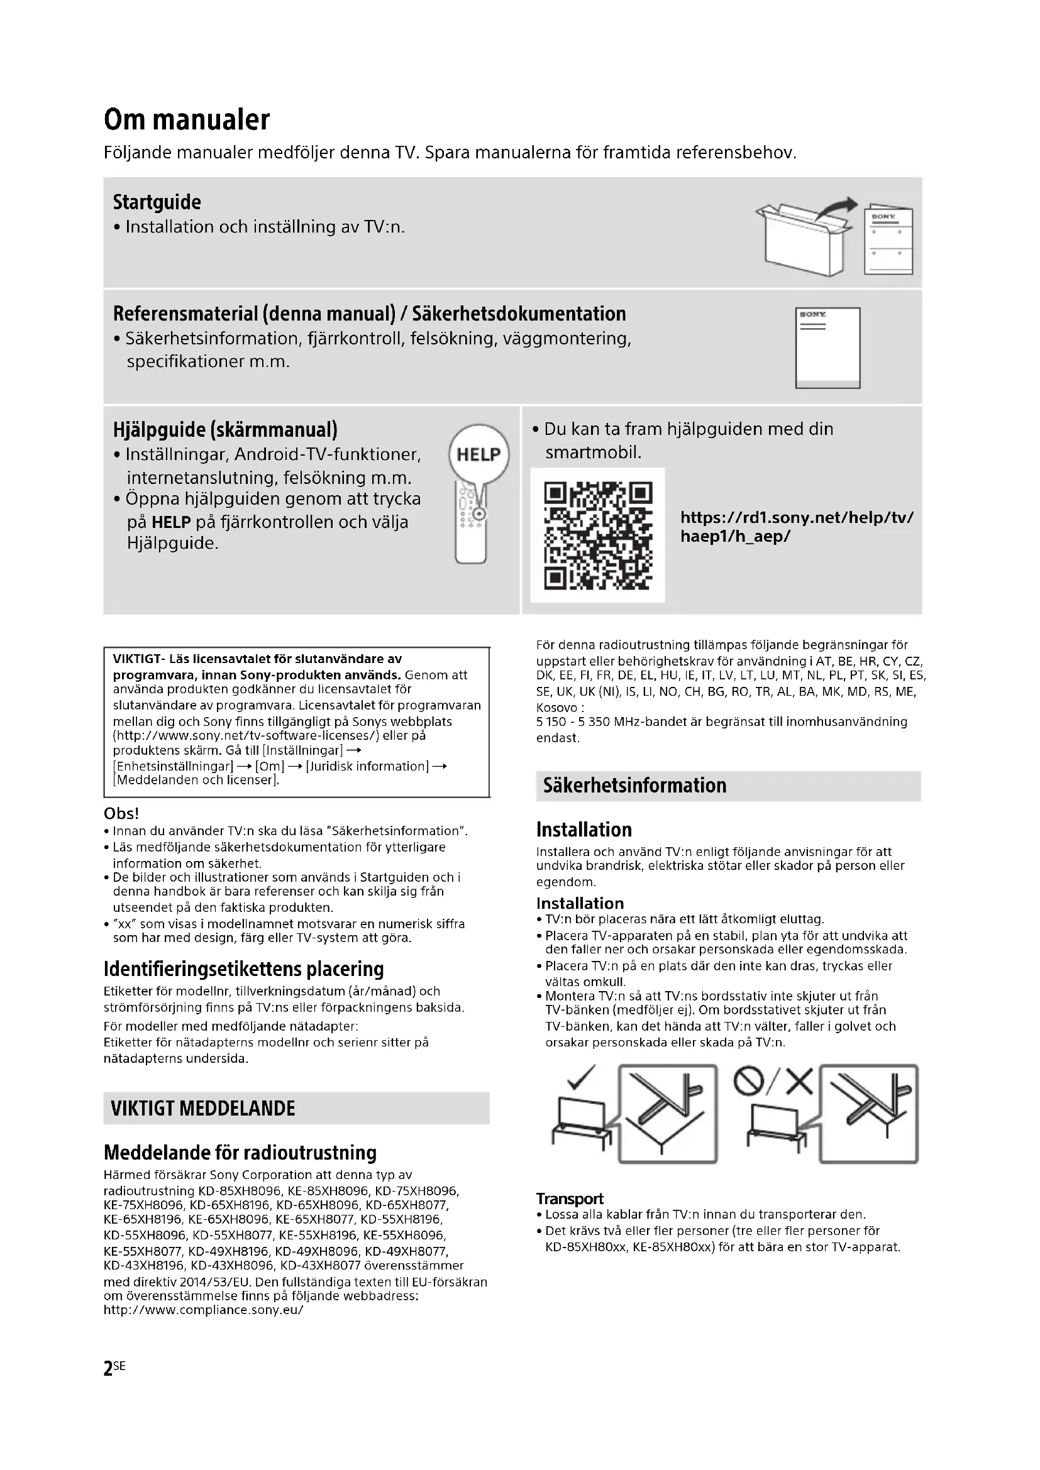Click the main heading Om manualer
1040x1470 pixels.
click(x=187, y=120)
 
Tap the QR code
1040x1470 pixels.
click(x=597, y=535)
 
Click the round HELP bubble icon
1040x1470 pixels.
click(x=479, y=454)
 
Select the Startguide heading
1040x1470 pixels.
click(x=157, y=202)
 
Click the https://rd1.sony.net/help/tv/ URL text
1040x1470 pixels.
click(x=797, y=517)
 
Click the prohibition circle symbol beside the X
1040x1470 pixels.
click(x=750, y=1082)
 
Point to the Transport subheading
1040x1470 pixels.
click(x=570, y=1198)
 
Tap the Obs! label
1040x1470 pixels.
click(x=121, y=813)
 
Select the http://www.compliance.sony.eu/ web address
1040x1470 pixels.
click(x=204, y=1310)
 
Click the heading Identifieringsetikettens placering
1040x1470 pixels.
click(x=244, y=969)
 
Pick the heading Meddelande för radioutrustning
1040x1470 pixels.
click(x=240, y=1153)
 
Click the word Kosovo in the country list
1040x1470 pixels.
click(x=556, y=708)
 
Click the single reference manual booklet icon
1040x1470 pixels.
click(x=827, y=348)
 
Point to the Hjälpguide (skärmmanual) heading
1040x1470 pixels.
click(x=226, y=429)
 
